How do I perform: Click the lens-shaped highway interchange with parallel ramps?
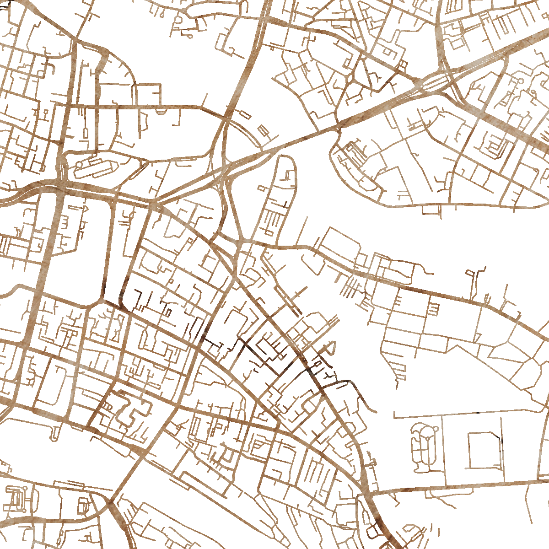click(x=435, y=82)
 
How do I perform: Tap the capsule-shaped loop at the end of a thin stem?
click(x=263, y=130)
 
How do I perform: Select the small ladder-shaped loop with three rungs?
click(x=434, y=310)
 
